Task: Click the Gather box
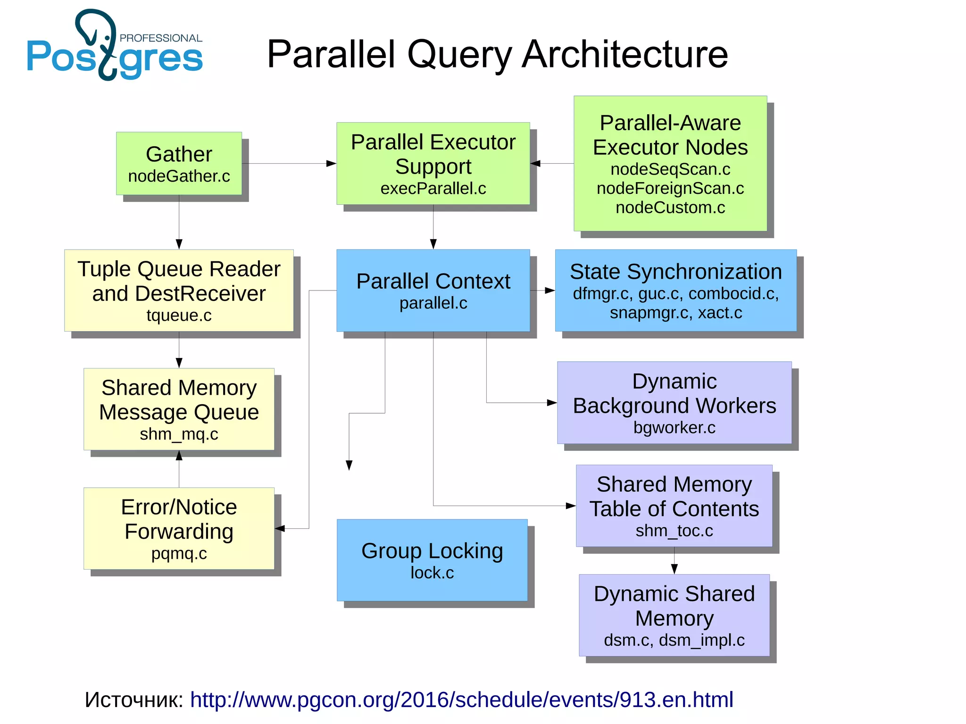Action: click(179, 163)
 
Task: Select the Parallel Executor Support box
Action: click(433, 163)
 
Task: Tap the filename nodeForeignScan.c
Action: click(670, 188)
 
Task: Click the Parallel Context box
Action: click(433, 290)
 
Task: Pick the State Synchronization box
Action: click(675, 290)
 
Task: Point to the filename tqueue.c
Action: click(179, 315)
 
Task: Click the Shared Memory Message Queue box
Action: click(179, 409)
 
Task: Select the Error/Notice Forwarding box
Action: click(179, 528)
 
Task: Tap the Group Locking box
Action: click(432, 560)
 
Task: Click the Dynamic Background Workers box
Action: click(674, 402)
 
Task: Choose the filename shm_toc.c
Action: click(674, 531)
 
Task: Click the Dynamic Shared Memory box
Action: click(674, 615)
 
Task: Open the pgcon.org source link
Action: click(461, 699)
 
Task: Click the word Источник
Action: click(133, 699)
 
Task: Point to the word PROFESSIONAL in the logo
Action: click(161, 38)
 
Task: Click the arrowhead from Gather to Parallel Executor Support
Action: click(332, 164)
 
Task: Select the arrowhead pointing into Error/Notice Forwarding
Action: click(280, 528)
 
